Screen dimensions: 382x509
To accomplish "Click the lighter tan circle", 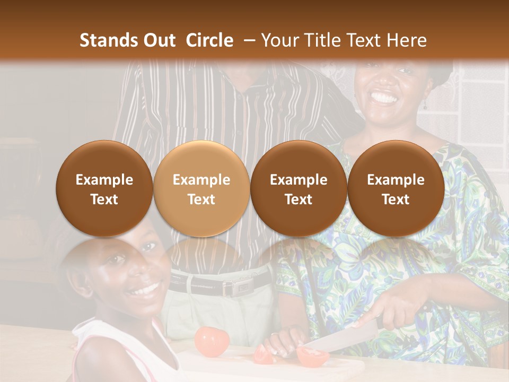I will click(201, 189).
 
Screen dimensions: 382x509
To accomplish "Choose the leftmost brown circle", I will click(104, 189).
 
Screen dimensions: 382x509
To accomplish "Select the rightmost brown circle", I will click(396, 189).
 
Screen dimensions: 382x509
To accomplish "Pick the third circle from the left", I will click(299, 189).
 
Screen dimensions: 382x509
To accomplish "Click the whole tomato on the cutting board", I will click(212, 342).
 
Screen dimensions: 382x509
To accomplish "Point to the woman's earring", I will click(425, 104).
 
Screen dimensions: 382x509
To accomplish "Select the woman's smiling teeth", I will click(384, 98).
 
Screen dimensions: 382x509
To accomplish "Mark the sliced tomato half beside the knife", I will click(312, 356).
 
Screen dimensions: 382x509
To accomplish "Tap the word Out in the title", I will click(157, 40).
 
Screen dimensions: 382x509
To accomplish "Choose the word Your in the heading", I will click(278, 40).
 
